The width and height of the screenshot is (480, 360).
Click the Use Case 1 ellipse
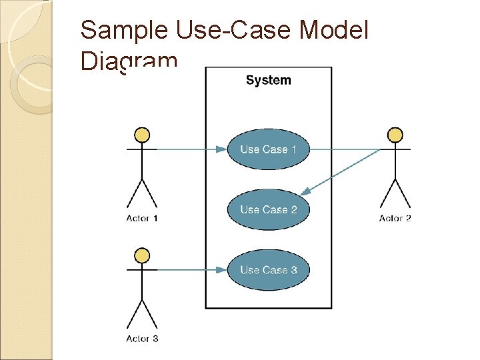pyautogui.click(x=268, y=149)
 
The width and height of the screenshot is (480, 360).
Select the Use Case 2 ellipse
pyautogui.click(x=268, y=209)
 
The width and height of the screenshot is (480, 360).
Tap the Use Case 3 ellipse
pyautogui.click(x=268, y=270)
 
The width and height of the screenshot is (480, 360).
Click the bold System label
pyautogui.click(x=268, y=81)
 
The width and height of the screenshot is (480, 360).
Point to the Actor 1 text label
pyautogui.click(x=142, y=219)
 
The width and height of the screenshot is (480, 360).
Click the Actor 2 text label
pyautogui.click(x=395, y=219)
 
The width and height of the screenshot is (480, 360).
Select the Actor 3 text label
pyautogui.click(x=142, y=339)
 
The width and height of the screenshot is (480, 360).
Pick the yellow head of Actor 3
pyautogui.click(x=142, y=256)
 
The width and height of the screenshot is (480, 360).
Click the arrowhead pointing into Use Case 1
pyautogui.click(x=221, y=149)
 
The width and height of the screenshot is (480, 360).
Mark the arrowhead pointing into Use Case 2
pyautogui.click(x=305, y=192)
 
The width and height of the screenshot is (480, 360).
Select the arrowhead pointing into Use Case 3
pyautogui.click(x=221, y=270)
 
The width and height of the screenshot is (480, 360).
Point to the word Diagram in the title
pyautogui.click(x=129, y=61)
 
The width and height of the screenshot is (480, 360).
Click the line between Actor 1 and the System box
pyautogui.click(x=180, y=149)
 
